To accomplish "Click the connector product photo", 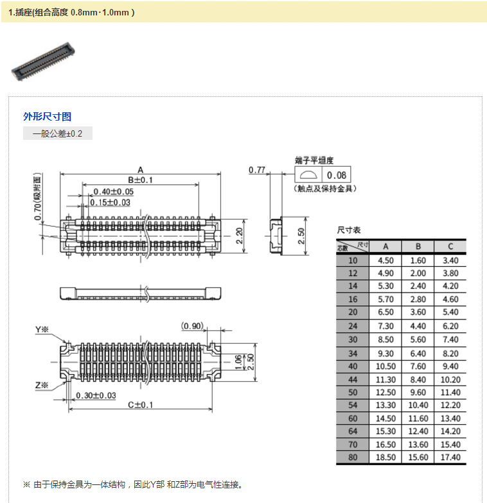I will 42,62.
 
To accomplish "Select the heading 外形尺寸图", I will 47,116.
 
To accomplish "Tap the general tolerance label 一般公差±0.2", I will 58,133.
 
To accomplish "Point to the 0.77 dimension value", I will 257,170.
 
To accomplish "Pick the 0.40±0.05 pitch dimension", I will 113,191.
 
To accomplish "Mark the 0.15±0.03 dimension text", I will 110,202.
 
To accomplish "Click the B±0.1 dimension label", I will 140,180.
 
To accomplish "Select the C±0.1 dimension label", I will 140,404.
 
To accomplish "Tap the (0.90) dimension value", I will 193,326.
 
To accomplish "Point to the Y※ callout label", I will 42,330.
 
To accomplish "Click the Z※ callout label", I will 42,385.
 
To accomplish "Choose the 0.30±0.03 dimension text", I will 96,395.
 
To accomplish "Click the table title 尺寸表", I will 349,230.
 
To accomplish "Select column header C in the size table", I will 450,246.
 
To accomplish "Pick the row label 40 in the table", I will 353,366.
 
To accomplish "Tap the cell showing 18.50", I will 385,457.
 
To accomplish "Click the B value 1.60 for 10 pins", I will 418,260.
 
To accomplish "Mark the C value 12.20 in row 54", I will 450,405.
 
